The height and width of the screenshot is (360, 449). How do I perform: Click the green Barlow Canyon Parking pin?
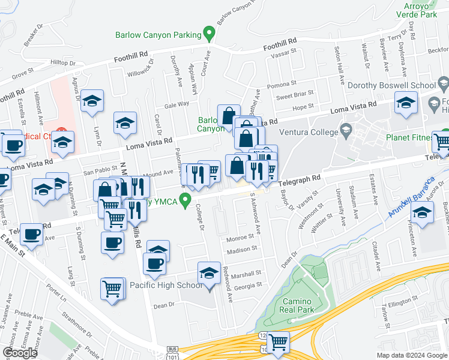click(x=209, y=33)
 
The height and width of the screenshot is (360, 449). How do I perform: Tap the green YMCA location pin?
click(x=186, y=200)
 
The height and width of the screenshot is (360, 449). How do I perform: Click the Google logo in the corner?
click(x=20, y=353)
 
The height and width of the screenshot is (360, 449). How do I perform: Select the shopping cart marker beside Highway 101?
click(x=278, y=343)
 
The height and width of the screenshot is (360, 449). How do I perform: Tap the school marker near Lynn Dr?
click(x=92, y=101)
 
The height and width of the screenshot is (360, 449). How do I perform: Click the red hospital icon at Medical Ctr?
click(x=61, y=131)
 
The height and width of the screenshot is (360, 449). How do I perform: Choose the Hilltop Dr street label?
click(x=63, y=62)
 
